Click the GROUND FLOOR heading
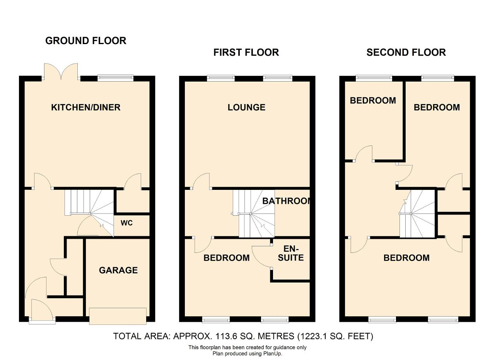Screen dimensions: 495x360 [86, 41]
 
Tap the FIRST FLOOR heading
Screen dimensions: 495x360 [246, 53]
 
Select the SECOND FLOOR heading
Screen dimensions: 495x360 [406, 53]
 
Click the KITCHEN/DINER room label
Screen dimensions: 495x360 [86, 107]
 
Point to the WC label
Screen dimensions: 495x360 [126, 223]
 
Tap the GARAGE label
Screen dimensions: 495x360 [118, 270]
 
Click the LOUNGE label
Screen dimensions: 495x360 [246, 107]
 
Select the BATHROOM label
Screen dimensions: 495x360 [287, 201]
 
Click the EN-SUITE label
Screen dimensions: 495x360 [290, 253]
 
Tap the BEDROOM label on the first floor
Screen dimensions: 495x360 [227, 258]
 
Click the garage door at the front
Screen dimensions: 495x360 [118, 316]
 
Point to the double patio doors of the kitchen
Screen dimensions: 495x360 [61, 72]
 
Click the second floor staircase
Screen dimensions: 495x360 [417, 214]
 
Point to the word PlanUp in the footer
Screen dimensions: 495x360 [273, 353]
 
